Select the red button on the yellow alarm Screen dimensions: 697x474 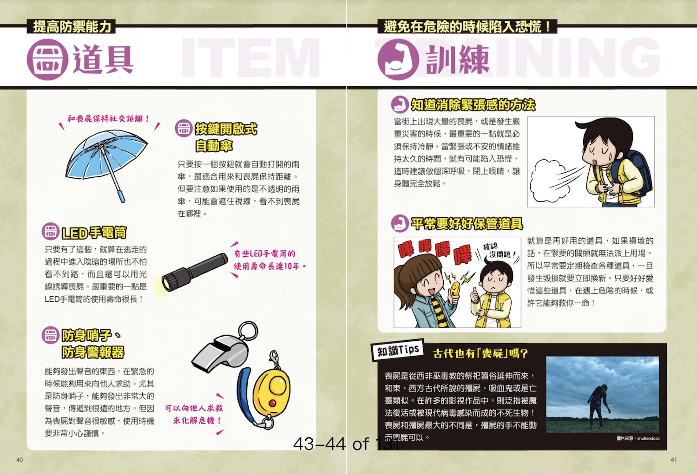pos(273,403)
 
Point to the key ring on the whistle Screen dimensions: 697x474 pos(248,331)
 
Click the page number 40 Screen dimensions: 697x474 pos(20,460)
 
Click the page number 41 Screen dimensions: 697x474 pos(674,460)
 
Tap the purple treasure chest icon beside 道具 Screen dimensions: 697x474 pos(47,59)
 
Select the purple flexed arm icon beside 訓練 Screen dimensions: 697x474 pos(398,59)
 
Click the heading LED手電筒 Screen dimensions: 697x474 pos(94,233)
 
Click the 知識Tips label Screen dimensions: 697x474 pos(398,351)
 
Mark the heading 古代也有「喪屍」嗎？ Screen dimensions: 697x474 pos(481,353)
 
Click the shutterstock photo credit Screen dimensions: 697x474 pos(638,439)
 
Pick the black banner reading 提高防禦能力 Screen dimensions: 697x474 pos(72,26)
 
